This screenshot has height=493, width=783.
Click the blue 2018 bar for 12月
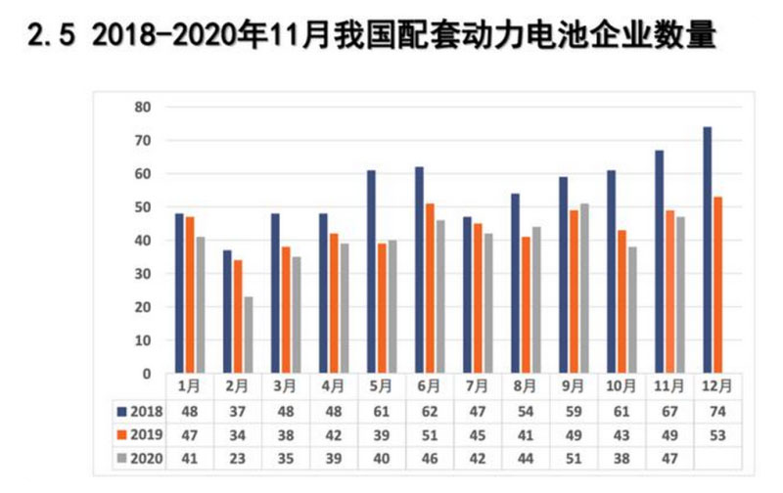[x=707, y=249]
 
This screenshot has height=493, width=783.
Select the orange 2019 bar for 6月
[x=430, y=288]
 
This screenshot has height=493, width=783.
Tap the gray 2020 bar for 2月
[x=249, y=335]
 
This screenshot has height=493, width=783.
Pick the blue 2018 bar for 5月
[x=372, y=271]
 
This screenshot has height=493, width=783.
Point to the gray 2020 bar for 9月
[x=584, y=288]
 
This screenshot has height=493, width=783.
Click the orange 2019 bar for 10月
[x=622, y=301]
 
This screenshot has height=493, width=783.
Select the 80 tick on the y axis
[x=143, y=107]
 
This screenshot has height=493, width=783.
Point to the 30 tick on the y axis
[x=143, y=274]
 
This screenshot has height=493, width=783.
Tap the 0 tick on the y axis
[x=147, y=374]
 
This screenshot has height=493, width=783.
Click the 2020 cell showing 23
[x=239, y=457]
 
